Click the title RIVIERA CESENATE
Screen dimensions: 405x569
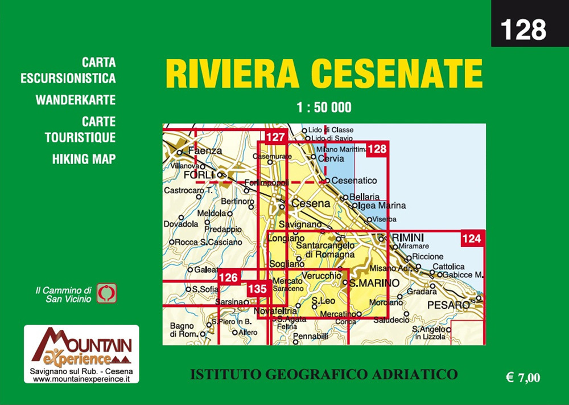pyautogui.click(x=324, y=74)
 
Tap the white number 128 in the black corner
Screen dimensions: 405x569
pyautogui.click(x=523, y=29)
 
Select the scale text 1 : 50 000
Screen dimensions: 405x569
pyautogui.click(x=324, y=107)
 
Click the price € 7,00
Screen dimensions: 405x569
pyautogui.click(x=522, y=377)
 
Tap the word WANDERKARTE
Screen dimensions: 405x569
pyautogui.click(x=76, y=100)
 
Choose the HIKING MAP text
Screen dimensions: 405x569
pyautogui.click(x=84, y=159)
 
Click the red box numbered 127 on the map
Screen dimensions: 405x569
pyautogui.click(x=275, y=137)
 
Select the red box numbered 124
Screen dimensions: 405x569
pyautogui.click(x=472, y=239)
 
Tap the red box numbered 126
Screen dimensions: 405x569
pyautogui.click(x=228, y=277)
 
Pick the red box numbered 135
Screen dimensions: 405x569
pyautogui.click(x=257, y=289)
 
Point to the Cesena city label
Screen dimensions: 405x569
pyautogui.click(x=311, y=203)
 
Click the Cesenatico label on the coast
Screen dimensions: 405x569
pyautogui.click(x=354, y=181)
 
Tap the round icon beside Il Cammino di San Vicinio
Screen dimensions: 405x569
pyautogui.click(x=106, y=293)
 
